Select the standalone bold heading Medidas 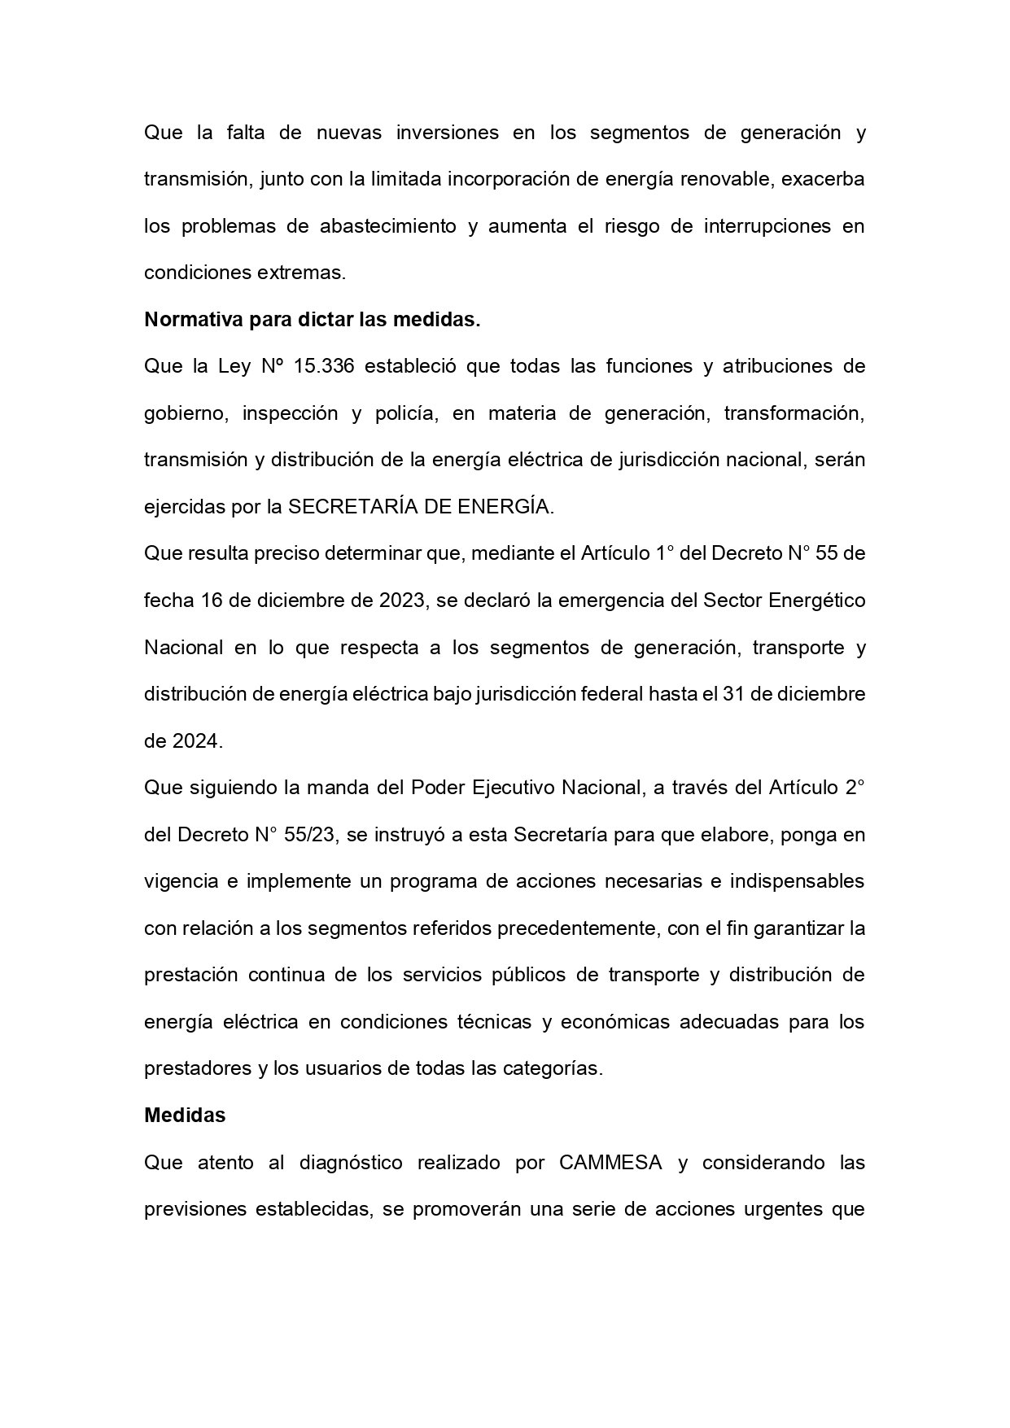185,1116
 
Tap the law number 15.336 323,366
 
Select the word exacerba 823,179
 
